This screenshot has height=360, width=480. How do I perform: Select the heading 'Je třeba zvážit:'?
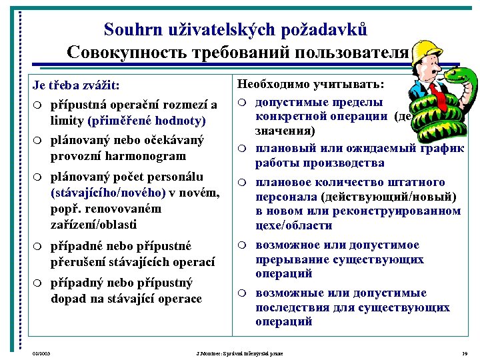tap(81, 85)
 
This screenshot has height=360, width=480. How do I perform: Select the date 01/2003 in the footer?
tap(42, 353)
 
